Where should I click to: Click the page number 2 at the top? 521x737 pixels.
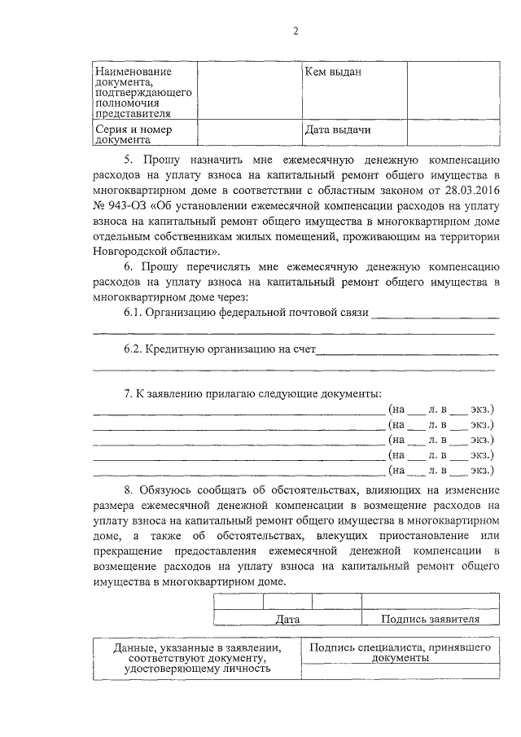(x=296, y=31)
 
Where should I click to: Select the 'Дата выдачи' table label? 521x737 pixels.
(x=338, y=130)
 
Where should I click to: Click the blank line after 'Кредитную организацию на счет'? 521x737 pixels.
(x=407, y=351)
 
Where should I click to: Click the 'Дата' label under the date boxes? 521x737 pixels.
(x=287, y=619)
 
